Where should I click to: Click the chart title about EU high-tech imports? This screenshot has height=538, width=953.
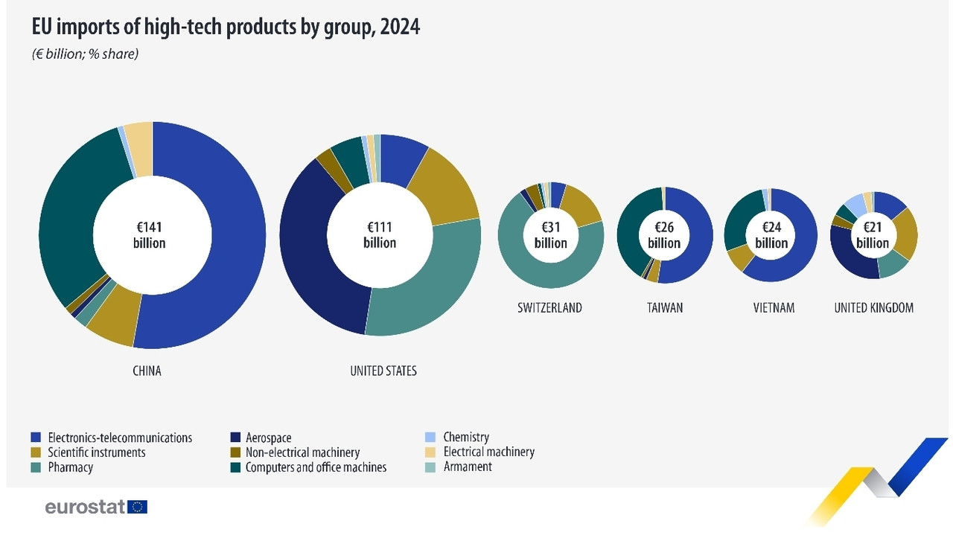(x=226, y=28)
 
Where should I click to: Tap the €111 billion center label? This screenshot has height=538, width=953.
(x=380, y=235)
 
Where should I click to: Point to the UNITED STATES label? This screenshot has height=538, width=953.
(x=383, y=371)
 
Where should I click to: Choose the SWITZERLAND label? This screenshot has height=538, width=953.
(x=549, y=307)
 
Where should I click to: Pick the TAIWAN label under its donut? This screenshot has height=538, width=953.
(x=664, y=307)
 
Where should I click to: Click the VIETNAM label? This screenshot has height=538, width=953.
(x=774, y=307)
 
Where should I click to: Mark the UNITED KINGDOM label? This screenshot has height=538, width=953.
(x=873, y=307)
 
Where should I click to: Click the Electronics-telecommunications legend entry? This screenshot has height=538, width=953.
(x=119, y=438)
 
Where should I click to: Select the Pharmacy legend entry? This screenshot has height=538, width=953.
(x=70, y=467)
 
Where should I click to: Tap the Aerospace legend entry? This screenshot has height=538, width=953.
(x=268, y=438)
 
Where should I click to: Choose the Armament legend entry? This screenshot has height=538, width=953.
(x=468, y=467)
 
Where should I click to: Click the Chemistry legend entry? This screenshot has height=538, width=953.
(x=466, y=438)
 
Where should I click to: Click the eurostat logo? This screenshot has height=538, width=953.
(x=96, y=507)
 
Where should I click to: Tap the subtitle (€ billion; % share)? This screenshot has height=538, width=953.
(x=85, y=54)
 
